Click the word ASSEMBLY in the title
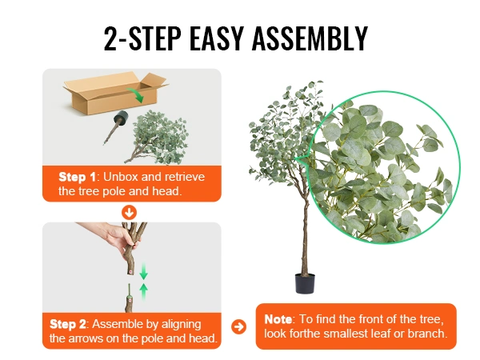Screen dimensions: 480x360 pyautogui.click(x=310, y=38)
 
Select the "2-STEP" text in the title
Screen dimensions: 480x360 pyautogui.click(x=142, y=38)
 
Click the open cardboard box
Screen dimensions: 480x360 pyautogui.click(x=115, y=93)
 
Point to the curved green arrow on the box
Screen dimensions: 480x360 pyautogui.click(x=136, y=94)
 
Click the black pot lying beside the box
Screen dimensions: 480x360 pyautogui.click(x=122, y=118)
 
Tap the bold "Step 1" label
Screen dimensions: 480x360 pyautogui.click(x=77, y=177)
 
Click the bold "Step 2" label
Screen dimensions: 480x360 pyautogui.click(x=68, y=324)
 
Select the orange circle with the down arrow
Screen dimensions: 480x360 pyautogui.click(x=129, y=213)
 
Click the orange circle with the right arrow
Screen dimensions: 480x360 pyautogui.click(x=238, y=326)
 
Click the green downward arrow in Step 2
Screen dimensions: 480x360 pyautogui.click(x=143, y=271)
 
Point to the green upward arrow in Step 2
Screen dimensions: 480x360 pyautogui.click(x=143, y=292)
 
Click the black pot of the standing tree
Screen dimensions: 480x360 pyautogui.click(x=305, y=283)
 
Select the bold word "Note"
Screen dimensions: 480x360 pyautogui.click(x=278, y=319)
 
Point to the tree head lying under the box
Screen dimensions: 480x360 pyautogui.click(x=157, y=138)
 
